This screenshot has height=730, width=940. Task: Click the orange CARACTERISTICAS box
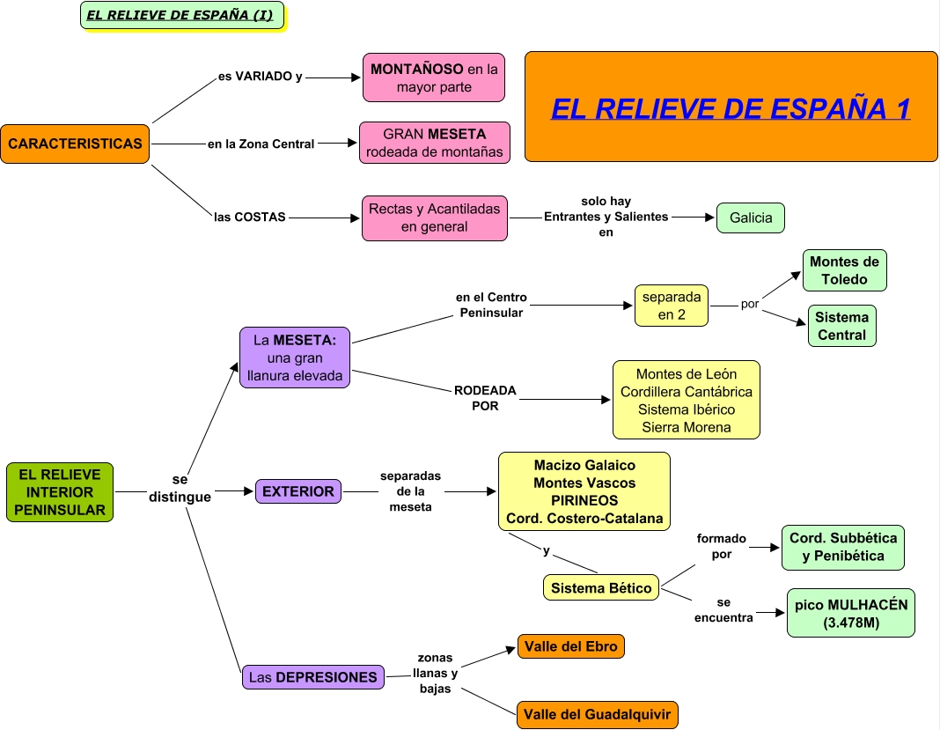(75, 144)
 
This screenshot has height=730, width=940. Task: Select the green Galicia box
(750, 218)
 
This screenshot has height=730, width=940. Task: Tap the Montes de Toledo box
(844, 270)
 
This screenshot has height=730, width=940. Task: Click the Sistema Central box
(841, 326)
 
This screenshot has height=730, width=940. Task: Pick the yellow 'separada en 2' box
(672, 306)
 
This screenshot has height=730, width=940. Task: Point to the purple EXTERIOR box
(298, 491)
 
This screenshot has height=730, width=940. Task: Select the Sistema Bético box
(601, 587)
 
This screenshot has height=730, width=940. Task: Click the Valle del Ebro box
(571, 646)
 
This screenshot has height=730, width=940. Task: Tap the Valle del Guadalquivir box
(598, 714)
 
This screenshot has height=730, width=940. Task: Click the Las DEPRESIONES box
(312, 677)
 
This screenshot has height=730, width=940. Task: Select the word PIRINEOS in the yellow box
(584, 500)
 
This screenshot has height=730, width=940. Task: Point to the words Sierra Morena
(686, 427)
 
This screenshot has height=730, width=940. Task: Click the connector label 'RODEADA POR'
(485, 398)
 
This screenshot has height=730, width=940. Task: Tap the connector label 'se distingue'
(180, 489)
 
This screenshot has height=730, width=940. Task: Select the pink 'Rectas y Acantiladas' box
(434, 218)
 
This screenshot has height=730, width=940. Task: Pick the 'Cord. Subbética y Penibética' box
(842, 548)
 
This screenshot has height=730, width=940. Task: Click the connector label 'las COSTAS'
(250, 217)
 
